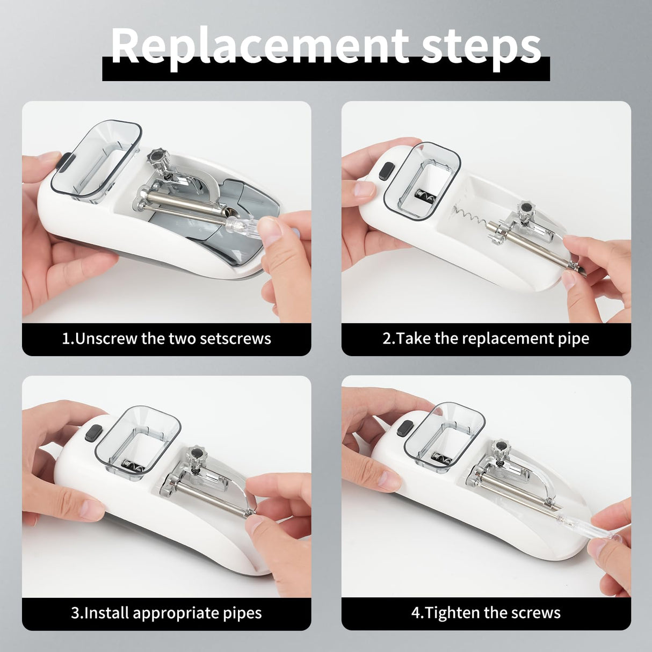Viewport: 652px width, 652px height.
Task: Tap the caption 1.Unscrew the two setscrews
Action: [x=166, y=339]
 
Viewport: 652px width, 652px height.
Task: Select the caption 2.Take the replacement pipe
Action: [x=486, y=339]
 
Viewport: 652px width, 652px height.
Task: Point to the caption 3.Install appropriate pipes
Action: [x=166, y=613]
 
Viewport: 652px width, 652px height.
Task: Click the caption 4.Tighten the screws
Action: [x=486, y=613]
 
